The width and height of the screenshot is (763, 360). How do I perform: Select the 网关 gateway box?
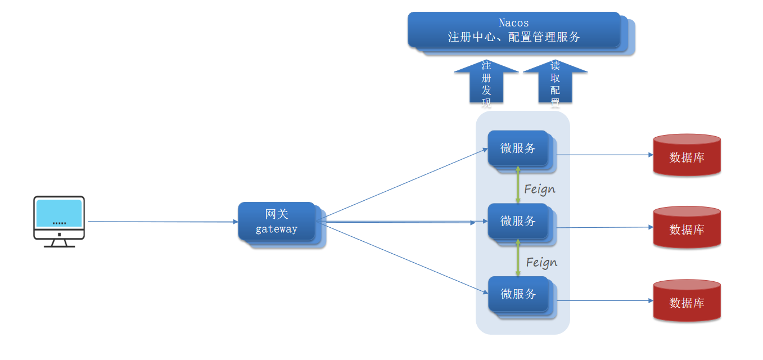point(277,222)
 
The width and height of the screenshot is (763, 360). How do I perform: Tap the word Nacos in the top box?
point(513,23)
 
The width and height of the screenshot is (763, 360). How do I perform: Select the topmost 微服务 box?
point(518,148)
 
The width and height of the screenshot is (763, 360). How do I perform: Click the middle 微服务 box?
point(518,221)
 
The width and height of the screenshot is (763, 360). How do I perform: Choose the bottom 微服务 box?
point(518,294)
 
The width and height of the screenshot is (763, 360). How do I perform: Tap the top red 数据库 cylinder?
point(687,156)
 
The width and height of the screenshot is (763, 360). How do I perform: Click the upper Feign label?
point(539,189)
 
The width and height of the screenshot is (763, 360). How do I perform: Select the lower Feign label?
point(541,262)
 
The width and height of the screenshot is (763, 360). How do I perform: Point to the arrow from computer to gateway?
point(163,222)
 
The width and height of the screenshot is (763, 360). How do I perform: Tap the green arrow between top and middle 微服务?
point(518,184)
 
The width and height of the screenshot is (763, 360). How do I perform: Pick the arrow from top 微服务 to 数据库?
point(604,155)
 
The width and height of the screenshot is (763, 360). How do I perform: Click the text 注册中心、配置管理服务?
point(513,37)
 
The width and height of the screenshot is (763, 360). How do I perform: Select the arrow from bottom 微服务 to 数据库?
point(604,300)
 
